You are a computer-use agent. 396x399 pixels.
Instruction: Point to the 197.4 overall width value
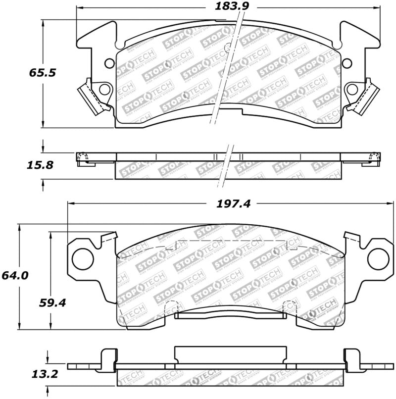(x=232, y=203)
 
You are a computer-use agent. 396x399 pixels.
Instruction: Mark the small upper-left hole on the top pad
(x=109, y=63)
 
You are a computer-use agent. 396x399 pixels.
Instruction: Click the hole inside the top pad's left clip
(x=104, y=90)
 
